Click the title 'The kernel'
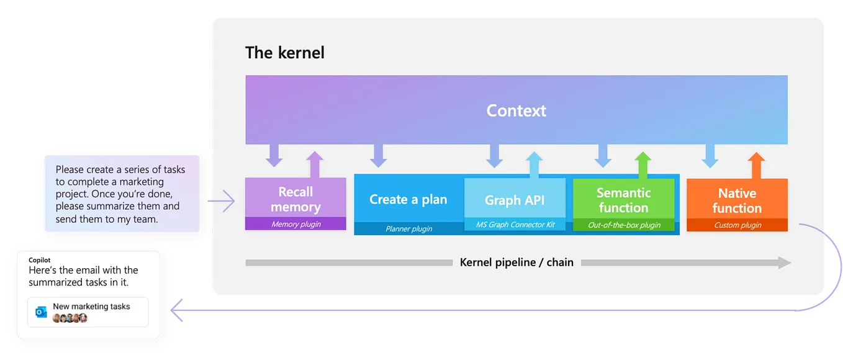[284, 53]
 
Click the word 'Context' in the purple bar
[516, 110]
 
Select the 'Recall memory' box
[295, 199]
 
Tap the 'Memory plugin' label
[295, 224]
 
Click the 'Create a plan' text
[408, 199]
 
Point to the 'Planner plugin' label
[408, 228]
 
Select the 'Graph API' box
[515, 200]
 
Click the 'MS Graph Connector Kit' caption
[515, 225]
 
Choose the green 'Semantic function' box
[623, 200]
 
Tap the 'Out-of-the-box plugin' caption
[623, 225]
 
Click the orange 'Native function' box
[737, 200]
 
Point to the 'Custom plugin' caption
[737, 225]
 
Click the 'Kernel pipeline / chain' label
[516, 263]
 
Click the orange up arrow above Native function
[755, 165]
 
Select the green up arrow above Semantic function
[642, 165]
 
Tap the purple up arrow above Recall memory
[315, 164]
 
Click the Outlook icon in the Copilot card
[41, 312]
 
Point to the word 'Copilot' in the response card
[40, 259]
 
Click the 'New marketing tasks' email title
[91, 307]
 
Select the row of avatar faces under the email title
[70, 318]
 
